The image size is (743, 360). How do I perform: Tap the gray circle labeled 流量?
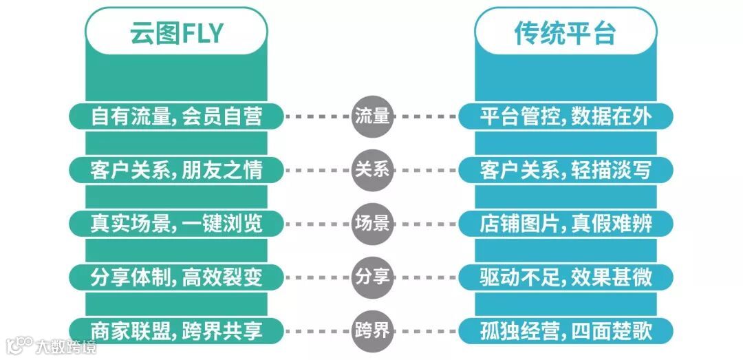coord(372,116)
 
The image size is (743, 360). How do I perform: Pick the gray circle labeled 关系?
coord(372,169)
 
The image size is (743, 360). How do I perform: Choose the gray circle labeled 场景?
coord(372,223)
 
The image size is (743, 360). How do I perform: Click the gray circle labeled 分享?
coord(372,277)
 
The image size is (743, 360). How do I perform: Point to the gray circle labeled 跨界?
coord(372,330)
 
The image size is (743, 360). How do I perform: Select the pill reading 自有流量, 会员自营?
coord(176,116)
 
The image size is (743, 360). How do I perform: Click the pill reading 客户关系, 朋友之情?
coord(176,169)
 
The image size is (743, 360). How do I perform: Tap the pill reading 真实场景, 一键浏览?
coord(176,223)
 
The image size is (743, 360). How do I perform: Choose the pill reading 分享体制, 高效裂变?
coord(176,277)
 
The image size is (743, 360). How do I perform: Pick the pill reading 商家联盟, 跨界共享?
coord(176,330)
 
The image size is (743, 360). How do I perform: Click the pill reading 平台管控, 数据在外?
coord(566,116)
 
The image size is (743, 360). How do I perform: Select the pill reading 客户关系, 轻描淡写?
coord(566,169)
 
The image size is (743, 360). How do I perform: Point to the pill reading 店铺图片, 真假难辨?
coord(566,223)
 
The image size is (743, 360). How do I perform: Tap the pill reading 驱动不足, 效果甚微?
coord(566,277)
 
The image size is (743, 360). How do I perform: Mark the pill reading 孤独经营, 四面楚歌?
coord(566,330)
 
